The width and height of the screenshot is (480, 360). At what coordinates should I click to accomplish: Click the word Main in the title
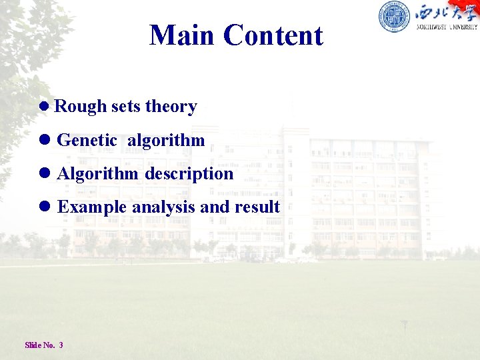tap(181, 35)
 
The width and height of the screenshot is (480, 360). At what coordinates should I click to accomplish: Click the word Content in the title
tap(273, 35)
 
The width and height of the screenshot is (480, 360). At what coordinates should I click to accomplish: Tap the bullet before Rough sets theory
tap(44, 106)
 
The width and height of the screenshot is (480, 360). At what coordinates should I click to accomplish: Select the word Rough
tap(80, 107)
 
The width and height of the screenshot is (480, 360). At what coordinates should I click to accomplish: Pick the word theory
tap(171, 107)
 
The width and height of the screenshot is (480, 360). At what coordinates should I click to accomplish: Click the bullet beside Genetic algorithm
tap(45, 140)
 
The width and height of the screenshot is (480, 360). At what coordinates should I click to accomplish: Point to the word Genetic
tap(87, 140)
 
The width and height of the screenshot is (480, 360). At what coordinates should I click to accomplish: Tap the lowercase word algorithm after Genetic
tap(166, 141)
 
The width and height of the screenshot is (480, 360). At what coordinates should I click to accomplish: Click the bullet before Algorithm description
tap(45, 173)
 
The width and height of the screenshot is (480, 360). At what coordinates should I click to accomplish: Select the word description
tap(189, 174)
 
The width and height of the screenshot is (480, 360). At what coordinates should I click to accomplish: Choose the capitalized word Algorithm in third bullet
tap(97, 174)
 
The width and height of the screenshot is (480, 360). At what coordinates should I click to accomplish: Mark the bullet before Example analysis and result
tap(45, 206)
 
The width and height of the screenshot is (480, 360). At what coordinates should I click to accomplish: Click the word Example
tap(92, 207)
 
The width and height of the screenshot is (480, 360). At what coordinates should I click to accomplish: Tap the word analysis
tap(164, 207)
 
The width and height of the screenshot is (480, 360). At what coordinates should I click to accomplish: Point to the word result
tap(257, 207)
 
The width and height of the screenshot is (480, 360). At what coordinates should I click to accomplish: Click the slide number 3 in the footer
tap(61, 345)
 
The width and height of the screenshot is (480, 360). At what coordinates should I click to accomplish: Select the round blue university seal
tap(394, 16)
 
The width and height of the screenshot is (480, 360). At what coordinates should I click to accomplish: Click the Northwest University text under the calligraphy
tap(447, 27)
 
